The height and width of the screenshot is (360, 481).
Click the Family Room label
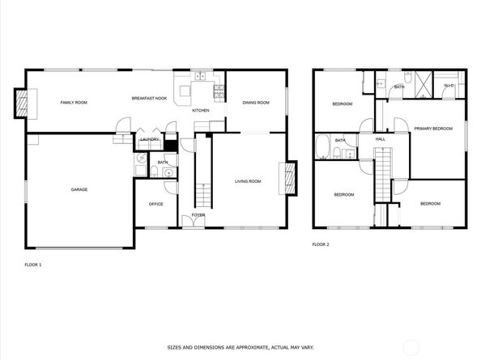74,102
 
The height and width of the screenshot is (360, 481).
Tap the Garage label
79,189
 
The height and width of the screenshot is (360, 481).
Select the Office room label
155,204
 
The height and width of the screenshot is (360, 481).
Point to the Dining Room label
256,103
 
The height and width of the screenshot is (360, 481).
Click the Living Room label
248,181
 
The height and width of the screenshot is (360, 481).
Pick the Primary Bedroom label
433,129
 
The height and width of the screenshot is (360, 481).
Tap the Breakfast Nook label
149,99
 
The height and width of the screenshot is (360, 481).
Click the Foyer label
198,215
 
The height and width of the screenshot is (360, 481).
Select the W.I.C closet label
449,86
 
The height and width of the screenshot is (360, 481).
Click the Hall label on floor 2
381,139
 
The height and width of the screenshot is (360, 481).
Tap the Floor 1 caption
33,265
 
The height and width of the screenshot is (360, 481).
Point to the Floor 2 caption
321,244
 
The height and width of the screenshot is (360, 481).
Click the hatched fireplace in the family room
21,104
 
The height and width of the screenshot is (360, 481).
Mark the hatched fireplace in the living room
290,178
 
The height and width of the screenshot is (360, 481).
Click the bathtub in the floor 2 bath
322,146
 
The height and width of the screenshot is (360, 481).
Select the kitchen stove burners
219,91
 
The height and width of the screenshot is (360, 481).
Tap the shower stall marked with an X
424,85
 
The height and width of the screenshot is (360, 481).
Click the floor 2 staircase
383,175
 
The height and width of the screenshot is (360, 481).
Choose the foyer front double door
194,222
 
